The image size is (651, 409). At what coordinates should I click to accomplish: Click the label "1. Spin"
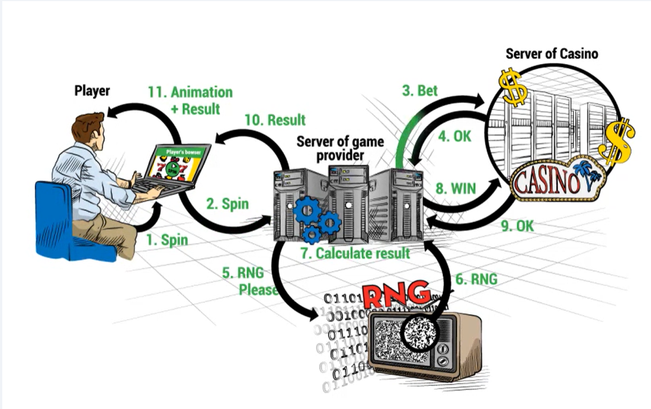click(167, 240)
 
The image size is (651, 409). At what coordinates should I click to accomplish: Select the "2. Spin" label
click(227, 204)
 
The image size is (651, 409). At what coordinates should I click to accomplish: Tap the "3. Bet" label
click(419, 91)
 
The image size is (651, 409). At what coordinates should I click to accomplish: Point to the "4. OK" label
click(454, 137)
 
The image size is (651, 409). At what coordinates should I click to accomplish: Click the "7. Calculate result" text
click(355, 253)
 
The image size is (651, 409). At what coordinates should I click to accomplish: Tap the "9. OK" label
click(517, 226)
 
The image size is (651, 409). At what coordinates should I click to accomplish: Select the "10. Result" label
click(275, 120)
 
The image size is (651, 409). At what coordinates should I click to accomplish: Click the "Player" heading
click(92, 90)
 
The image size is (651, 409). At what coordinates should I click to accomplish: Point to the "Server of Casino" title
click(551, 54)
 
